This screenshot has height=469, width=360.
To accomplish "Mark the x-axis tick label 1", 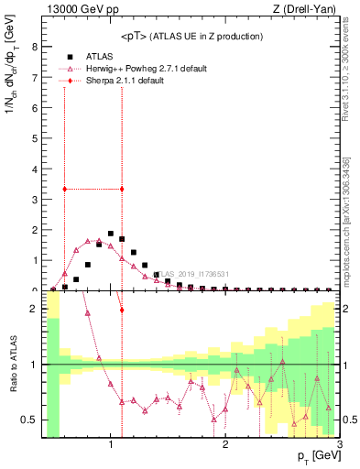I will pos(111,445).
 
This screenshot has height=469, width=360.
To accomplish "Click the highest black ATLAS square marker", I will pos(111,234).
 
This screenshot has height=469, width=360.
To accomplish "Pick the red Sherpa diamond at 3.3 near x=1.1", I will pos(122,190).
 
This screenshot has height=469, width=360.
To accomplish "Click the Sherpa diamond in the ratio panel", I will pos(122,310).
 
